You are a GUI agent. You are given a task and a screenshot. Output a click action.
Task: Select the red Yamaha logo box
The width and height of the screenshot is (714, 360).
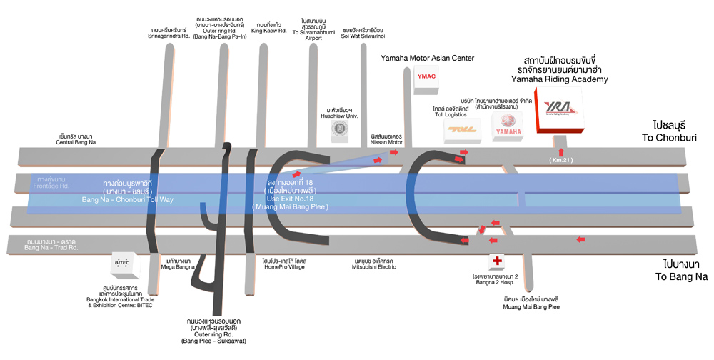pos(508,126)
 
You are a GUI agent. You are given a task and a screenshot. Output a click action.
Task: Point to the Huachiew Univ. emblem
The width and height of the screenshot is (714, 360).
pos(341,128)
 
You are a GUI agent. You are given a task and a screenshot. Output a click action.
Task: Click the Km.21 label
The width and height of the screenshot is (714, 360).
pos(562,160)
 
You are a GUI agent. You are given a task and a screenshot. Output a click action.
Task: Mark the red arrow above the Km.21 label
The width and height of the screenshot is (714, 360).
pos(562,151)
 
